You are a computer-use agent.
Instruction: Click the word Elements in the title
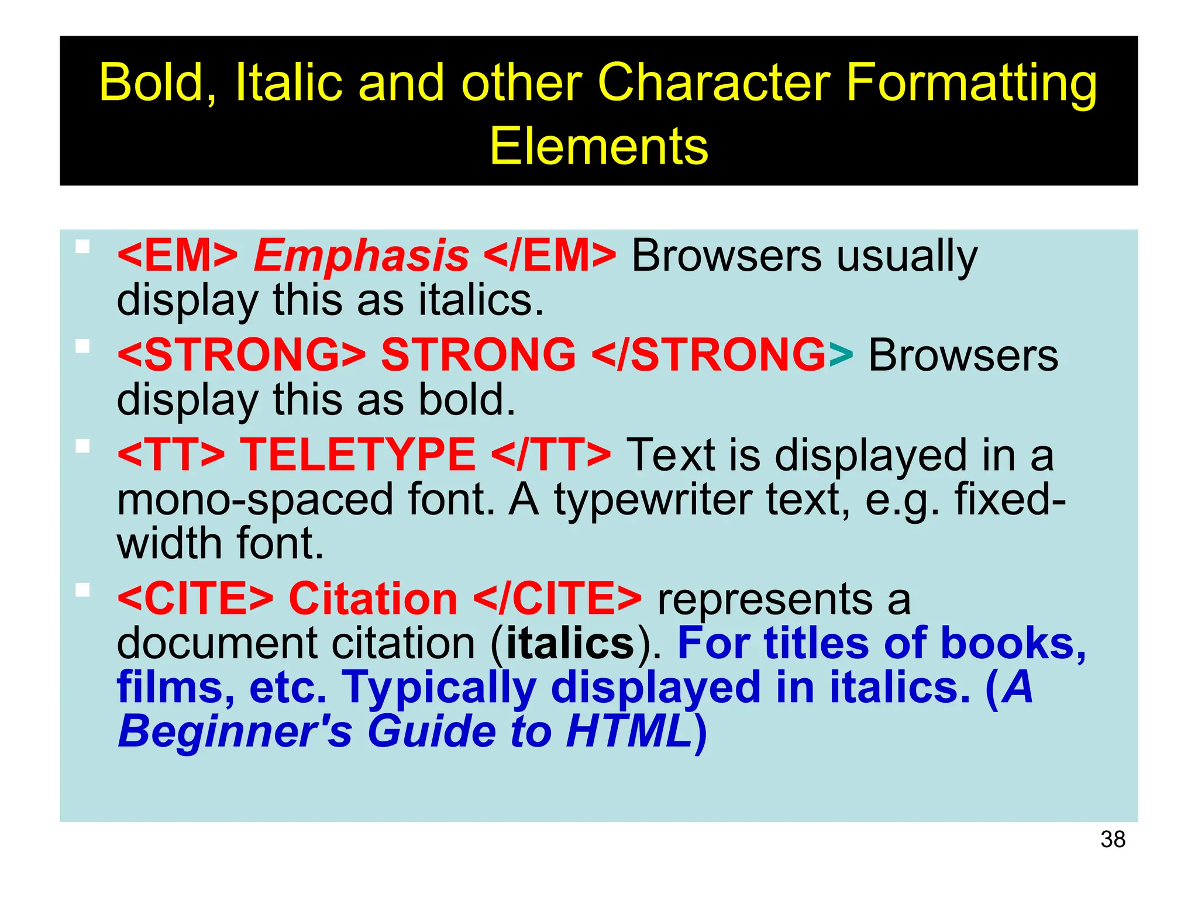click(598, 146)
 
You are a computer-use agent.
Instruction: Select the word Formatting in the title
click(971, 83)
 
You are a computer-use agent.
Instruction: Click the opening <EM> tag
click(177, 256)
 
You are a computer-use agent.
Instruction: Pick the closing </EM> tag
click(550, 256)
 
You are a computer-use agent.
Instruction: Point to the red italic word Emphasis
click(361, 256)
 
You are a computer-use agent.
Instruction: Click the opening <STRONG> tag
click(241, 355)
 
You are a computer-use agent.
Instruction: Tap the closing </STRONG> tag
click(722, 355)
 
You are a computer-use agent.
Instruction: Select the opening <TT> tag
click(171, 455)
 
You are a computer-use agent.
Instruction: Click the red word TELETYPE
click(358, 455)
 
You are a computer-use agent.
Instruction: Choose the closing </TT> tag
click(551, 455)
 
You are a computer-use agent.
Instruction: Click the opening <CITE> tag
click(195, 599)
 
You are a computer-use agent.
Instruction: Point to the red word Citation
click(373, 599)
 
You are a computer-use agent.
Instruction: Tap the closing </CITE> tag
click(557, 599)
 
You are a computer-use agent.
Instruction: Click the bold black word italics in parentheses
click(570, 644)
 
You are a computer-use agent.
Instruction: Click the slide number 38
click(1113, 840)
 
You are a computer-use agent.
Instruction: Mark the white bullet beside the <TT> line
click(82, 447)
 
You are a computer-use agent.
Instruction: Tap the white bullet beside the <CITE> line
click(82, 590)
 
